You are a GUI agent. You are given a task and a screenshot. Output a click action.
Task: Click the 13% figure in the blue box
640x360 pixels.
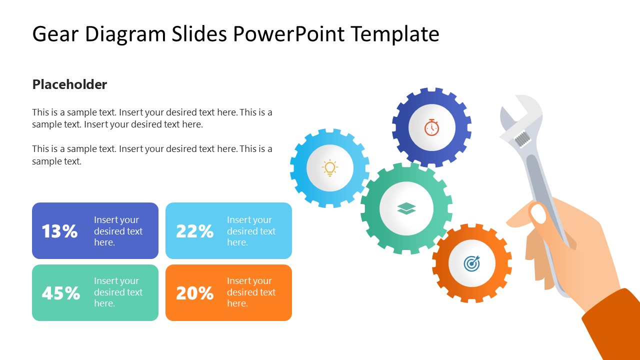(x=59, y=231)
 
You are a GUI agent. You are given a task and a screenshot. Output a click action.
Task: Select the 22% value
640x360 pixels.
(x=194, y=231)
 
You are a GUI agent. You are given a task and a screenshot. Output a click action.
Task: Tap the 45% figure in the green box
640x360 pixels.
(x=60, y=293)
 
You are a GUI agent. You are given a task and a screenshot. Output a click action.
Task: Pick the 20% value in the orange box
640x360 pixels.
(x=194, y=293)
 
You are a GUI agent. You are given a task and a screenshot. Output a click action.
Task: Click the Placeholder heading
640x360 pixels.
(x=69, y=84)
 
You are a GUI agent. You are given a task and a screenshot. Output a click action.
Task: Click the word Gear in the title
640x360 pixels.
(x=55, y=34)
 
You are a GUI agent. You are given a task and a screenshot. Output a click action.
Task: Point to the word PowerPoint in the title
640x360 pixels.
(x=288, y=34)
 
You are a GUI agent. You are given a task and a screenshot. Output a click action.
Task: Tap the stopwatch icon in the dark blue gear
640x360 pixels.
(x=431, y=127)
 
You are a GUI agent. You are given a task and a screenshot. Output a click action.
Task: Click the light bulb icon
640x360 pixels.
(x=330, y=168)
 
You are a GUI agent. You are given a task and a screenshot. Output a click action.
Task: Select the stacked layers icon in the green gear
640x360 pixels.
(x=406, y=208)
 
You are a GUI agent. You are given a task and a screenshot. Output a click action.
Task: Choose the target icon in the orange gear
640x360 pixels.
(x=471, y=263)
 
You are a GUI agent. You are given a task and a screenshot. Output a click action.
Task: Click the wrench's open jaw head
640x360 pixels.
(x=520, y=112)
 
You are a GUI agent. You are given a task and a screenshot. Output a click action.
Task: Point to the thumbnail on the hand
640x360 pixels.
(x=538, y=214)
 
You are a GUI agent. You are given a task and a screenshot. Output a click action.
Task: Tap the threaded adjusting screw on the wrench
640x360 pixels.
(x=523, y=138)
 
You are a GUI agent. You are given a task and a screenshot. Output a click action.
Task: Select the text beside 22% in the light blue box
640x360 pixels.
(x=251, y=231)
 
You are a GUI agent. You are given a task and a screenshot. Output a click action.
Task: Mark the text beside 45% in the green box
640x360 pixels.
(x=118, y=292)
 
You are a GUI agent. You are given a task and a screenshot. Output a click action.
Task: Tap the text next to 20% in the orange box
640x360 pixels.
(x=251, y=292)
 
